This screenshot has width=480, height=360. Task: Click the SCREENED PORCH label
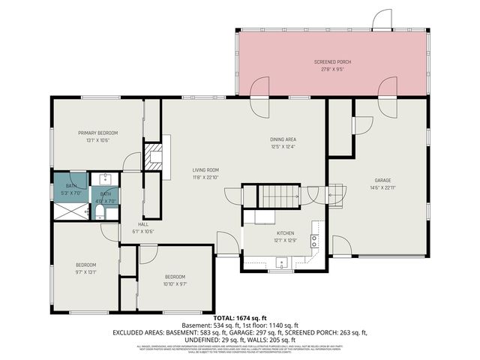click(331, 61)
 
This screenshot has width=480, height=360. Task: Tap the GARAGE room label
click(383, 180)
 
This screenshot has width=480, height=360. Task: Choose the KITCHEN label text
click(283, 233)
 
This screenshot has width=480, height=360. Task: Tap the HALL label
click(142, 224)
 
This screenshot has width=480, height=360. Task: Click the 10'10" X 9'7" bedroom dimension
click(175, 283)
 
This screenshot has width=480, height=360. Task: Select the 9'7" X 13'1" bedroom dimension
click(85, 271)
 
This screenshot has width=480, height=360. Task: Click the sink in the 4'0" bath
click(106, 179)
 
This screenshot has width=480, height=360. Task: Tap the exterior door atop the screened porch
click(382, 20)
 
